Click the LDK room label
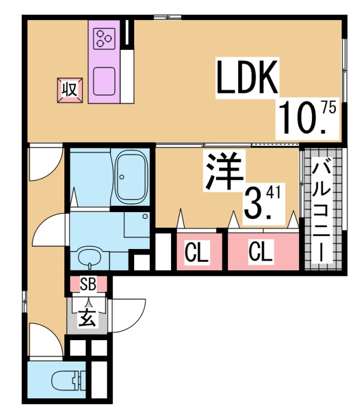[248, 77]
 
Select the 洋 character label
[224, 171]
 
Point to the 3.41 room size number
[262, 203]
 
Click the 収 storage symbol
[70, 90]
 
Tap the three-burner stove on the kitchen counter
[104, 39]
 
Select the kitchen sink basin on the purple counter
[104, 81]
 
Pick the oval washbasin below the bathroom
[90, 255]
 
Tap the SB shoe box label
[88, 284]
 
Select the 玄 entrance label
[87, 319]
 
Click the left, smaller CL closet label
[197, 251]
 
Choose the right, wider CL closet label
[261, 250]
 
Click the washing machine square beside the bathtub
[136, 224]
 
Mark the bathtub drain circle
[122, 177]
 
